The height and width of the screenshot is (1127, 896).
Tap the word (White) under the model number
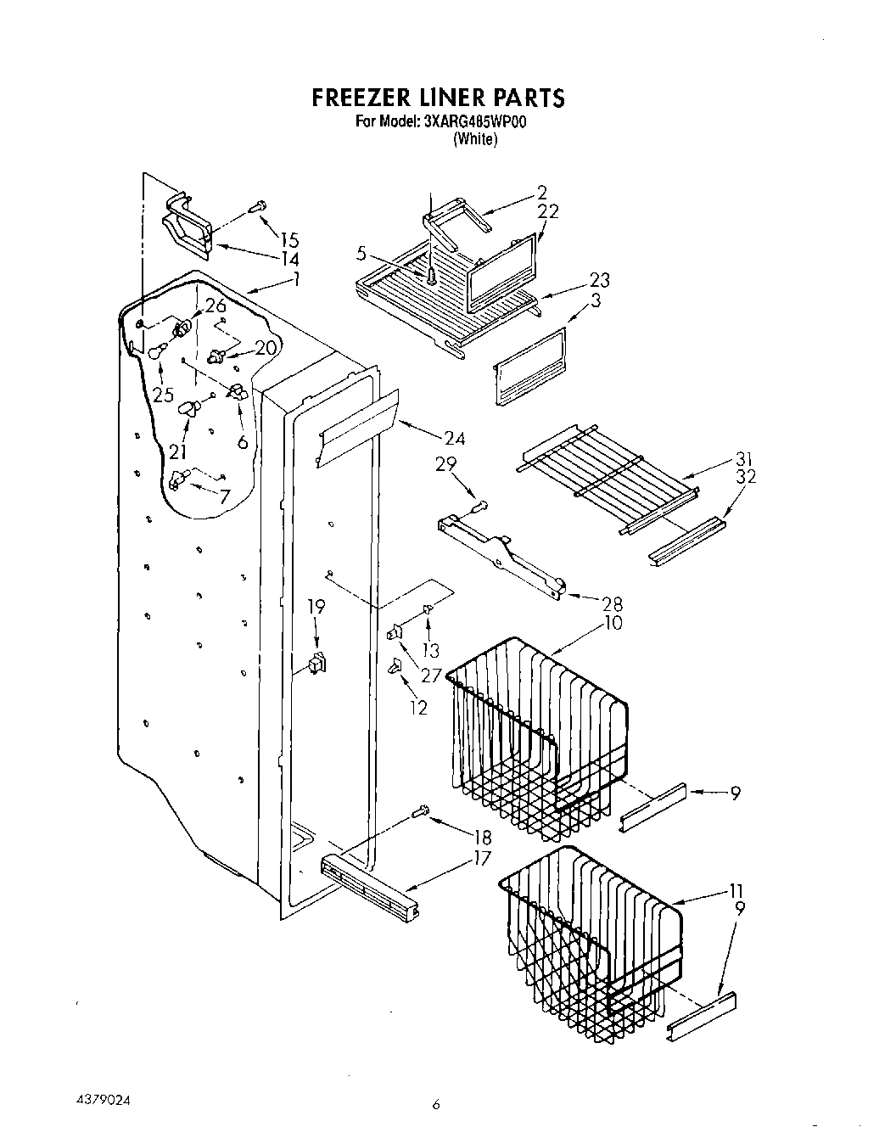pos(474,139)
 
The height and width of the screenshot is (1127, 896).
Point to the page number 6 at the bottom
pos(436,1104)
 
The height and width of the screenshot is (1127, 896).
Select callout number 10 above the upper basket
pos(613,623)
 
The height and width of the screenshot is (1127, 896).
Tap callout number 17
pos(482,858)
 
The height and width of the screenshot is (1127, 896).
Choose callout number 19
pos(316,607)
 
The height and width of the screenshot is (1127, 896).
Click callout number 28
pos(612,604)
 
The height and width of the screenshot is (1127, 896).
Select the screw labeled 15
pos(257,205)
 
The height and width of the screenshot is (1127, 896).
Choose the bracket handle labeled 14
pos(187,227)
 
